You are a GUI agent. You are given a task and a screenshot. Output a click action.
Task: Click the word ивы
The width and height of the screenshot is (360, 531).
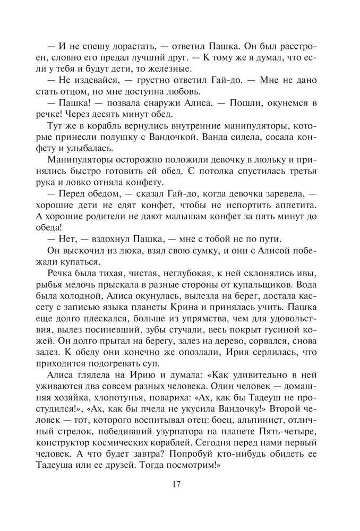[307, 273]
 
